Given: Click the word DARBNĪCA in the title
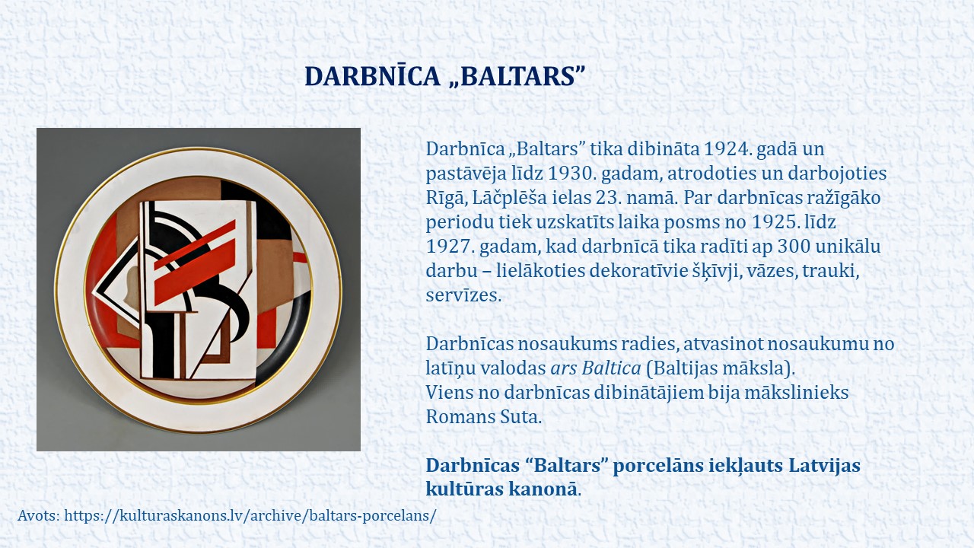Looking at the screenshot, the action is (x=373, y=76).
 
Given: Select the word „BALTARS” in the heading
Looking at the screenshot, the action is (x=517, y=76).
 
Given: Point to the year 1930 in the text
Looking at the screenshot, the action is (x=571, y=174).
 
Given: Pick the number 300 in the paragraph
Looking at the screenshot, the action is (x=794, y=247).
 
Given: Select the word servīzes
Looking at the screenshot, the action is (x=463, y=295).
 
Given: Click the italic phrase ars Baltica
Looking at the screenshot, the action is (x=596, y=368).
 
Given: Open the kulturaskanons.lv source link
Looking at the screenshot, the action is (x=250, y=516).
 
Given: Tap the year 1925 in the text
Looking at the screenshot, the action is (x=775, y=222).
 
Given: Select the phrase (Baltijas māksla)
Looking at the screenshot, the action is (x=721, y=368).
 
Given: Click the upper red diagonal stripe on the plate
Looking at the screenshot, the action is (x=195, y=245).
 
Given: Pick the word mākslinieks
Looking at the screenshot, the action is (x=797, y=393).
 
